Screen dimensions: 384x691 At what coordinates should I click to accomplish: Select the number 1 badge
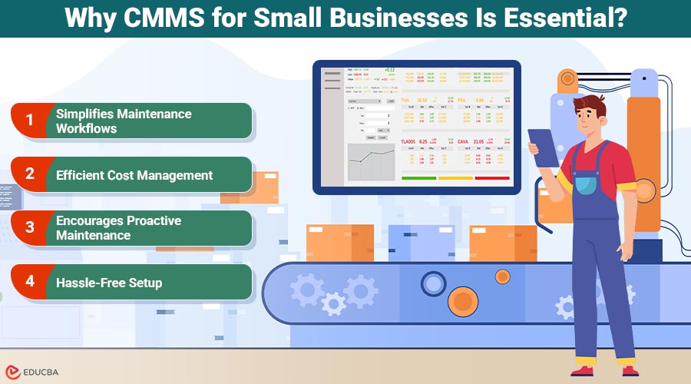(30, 120)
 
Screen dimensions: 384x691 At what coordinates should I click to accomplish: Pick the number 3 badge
(30, 227)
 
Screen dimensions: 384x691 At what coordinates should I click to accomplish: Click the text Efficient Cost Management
(134, 175)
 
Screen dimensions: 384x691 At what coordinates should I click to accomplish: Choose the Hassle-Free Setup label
(109, 283)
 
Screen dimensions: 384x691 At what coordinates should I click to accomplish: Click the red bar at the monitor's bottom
(492, 178)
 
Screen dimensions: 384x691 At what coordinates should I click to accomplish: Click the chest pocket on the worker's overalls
(586, 185)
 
